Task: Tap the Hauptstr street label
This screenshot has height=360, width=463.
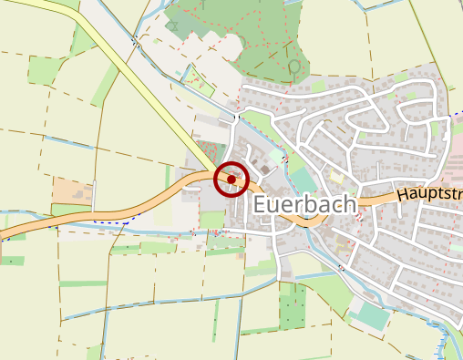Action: pos(428,193)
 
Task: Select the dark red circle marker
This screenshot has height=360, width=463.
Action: pos(231,180)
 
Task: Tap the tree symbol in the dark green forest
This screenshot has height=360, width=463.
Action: pos(293,67)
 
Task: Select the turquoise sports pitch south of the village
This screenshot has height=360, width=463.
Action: pos(372,316)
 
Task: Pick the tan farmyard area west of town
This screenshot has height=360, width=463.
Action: pos(70,192)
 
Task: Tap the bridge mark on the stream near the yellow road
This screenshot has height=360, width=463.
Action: pos(236,118)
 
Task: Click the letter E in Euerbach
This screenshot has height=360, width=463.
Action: pos(261,205)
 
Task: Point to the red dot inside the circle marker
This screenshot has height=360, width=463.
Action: pos(231,180)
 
